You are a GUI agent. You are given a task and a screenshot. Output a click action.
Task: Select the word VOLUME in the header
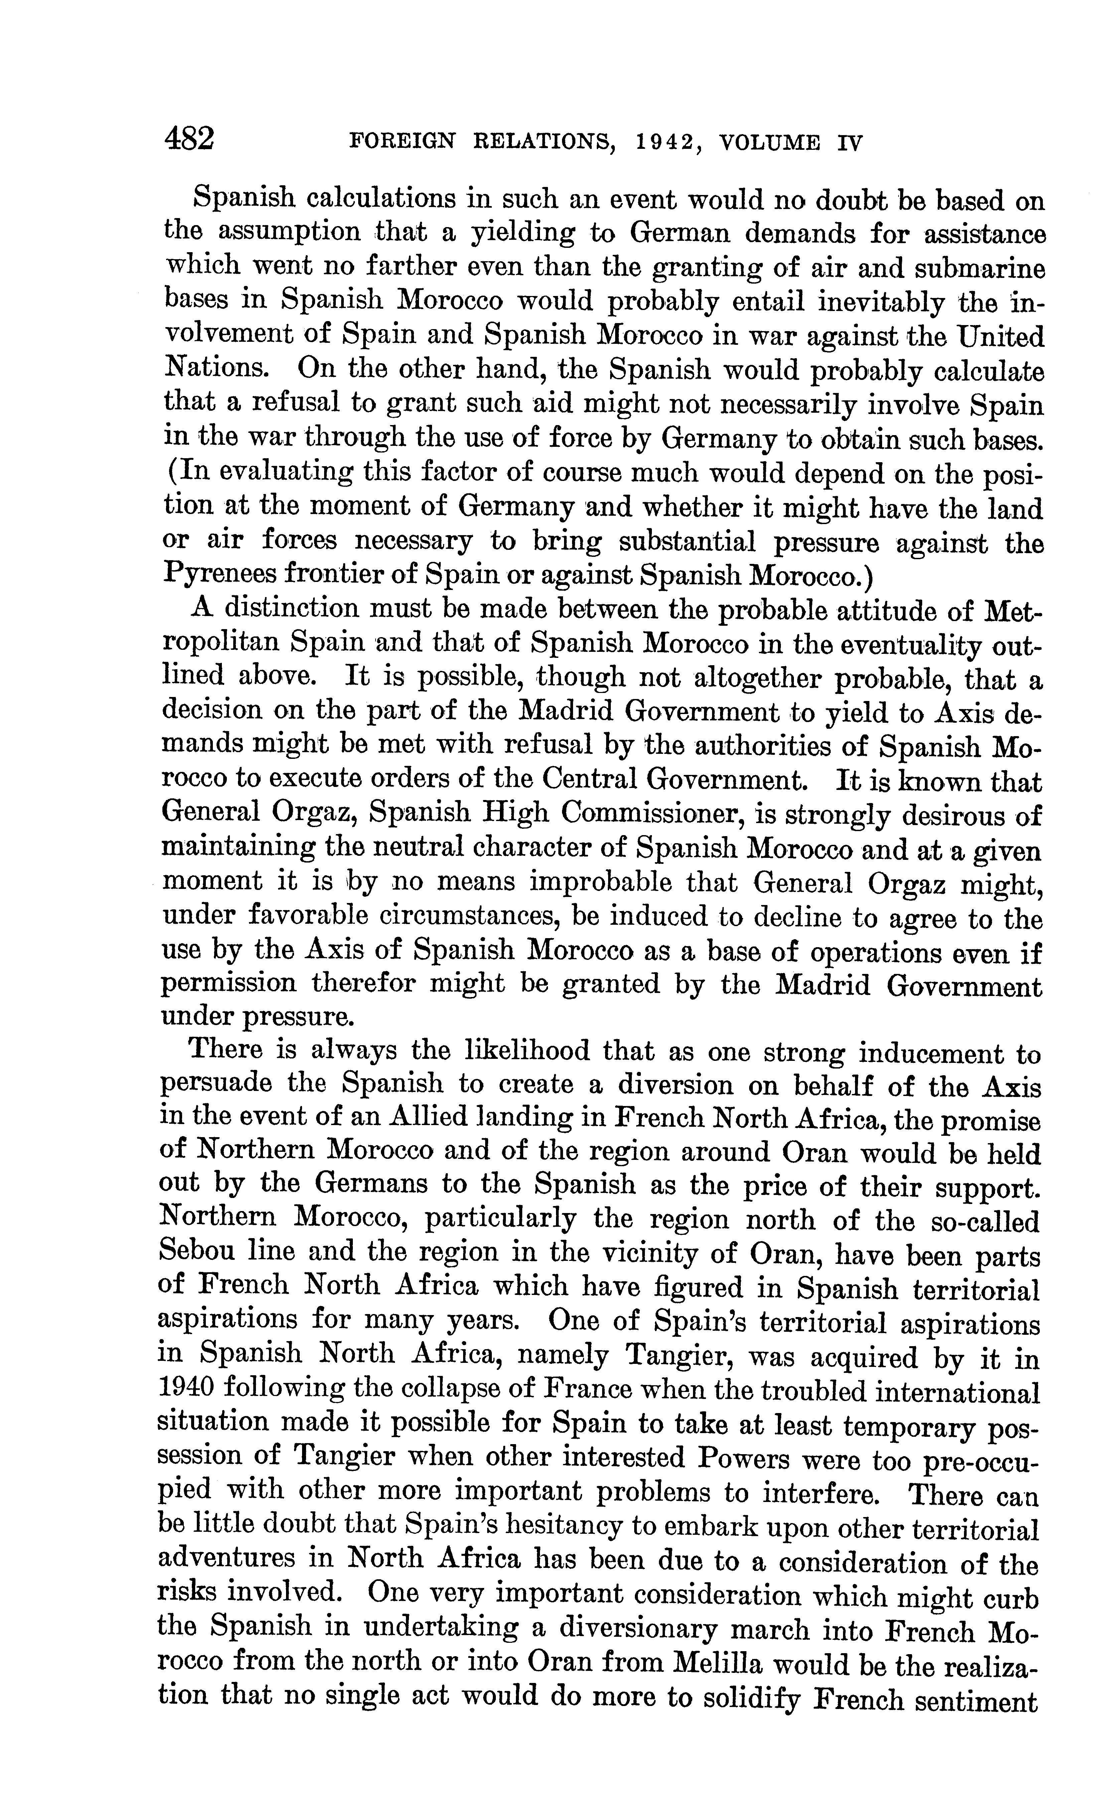coord(770,142)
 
